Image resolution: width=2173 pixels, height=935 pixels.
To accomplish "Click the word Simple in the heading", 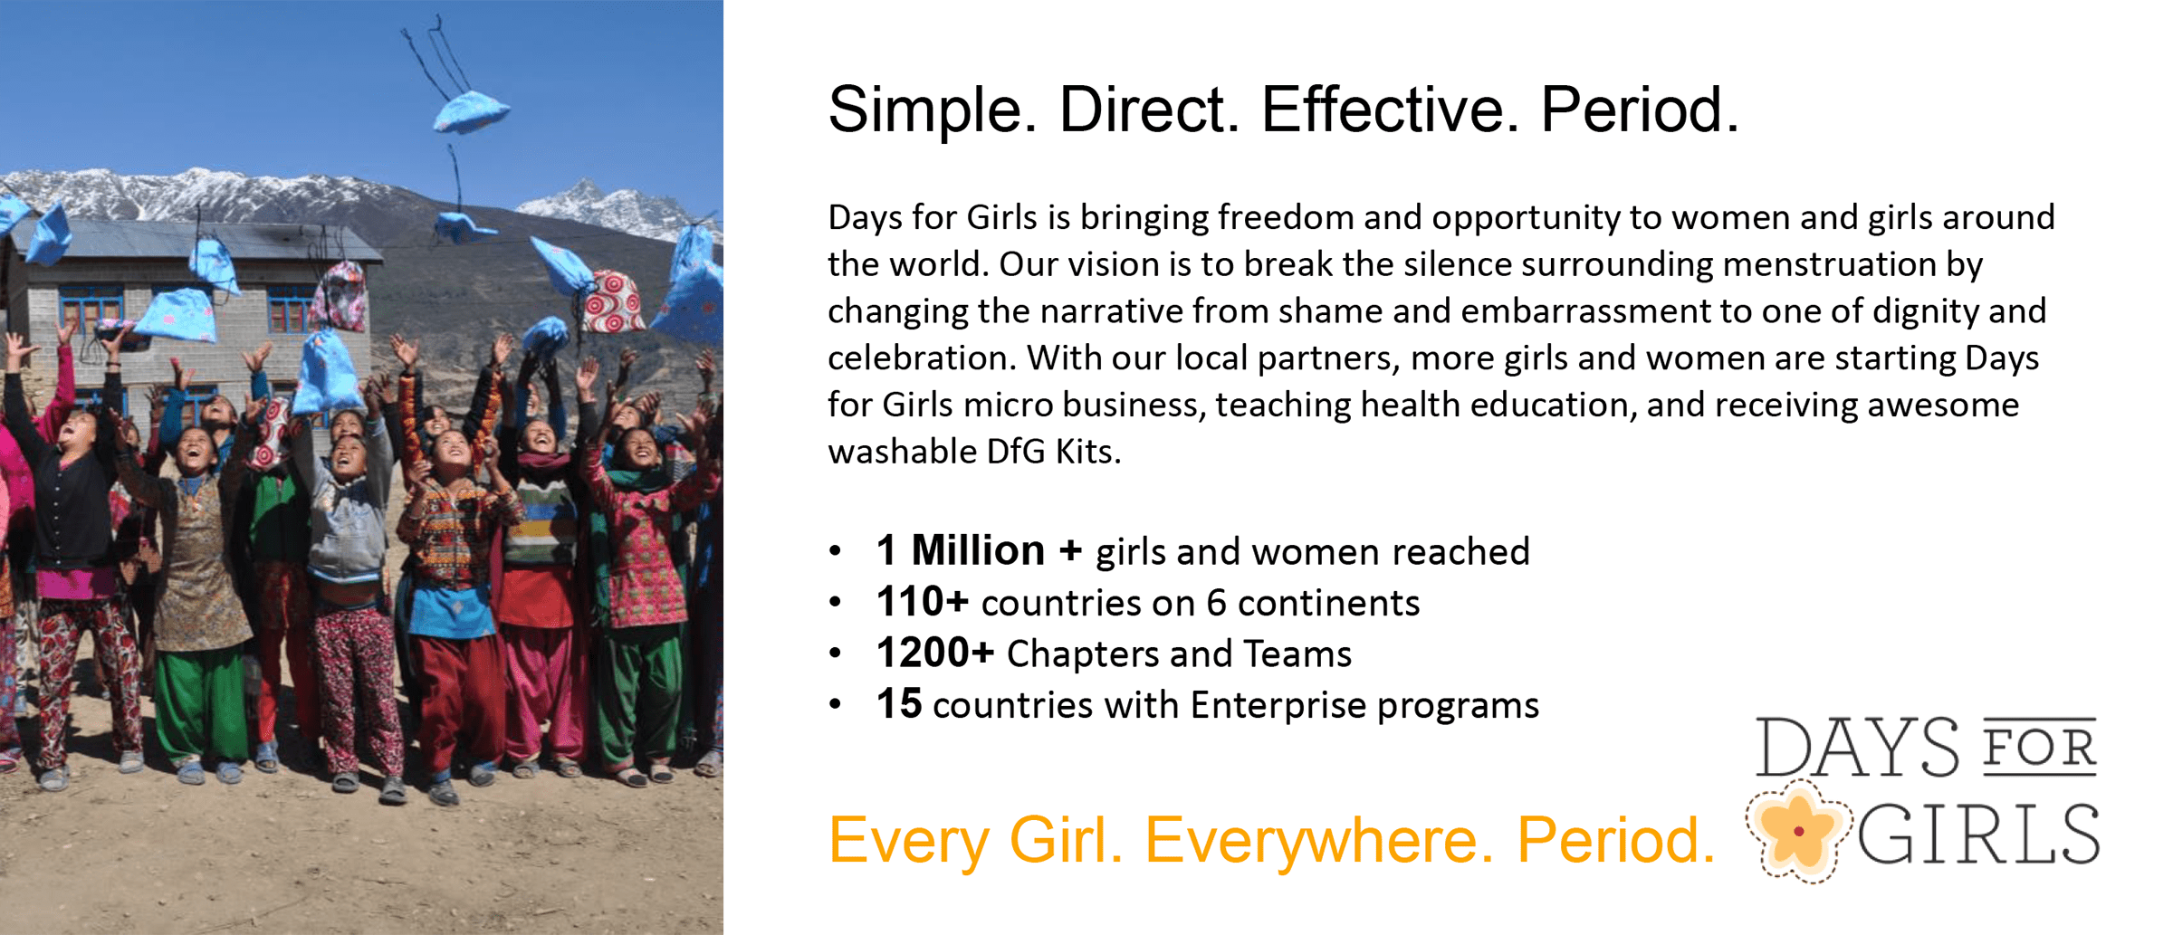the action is [933, 110].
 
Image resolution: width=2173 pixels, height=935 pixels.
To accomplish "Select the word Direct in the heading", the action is [1149, 109].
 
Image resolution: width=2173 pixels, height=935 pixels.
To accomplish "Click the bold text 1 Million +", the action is [979, 550].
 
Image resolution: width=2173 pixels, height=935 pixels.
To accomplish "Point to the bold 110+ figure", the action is [922, 602].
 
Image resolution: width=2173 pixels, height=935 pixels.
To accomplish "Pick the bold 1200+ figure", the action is [934, 653].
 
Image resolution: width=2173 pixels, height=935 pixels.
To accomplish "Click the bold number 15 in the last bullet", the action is [898, 704].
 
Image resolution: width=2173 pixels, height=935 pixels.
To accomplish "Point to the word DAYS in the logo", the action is [1857, 747].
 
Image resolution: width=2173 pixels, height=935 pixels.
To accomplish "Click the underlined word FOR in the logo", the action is [2039, 748].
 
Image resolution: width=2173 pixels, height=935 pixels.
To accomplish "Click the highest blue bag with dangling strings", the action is [469, 110].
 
